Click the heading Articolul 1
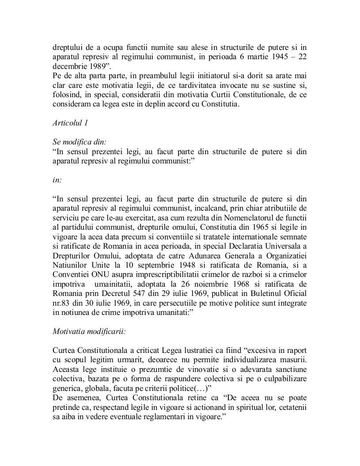70,123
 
